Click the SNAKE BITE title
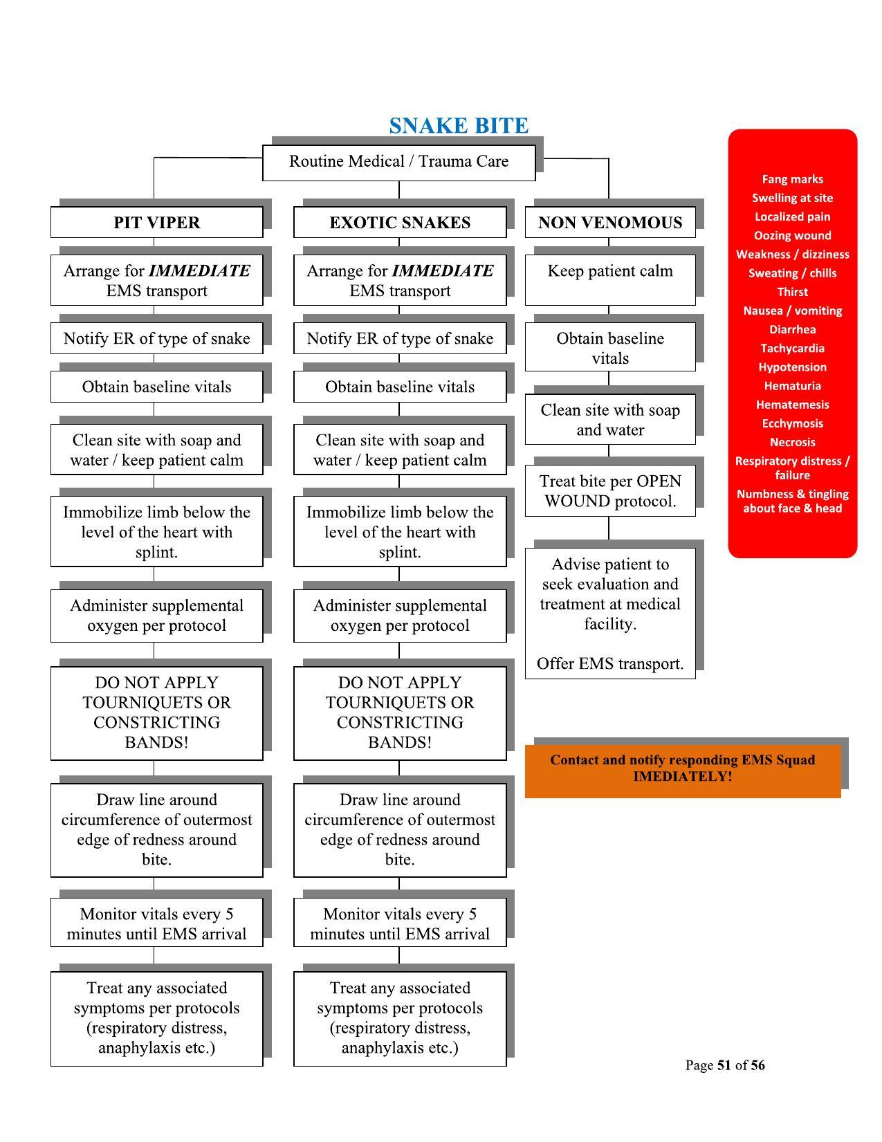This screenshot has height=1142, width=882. [x=458, y=126]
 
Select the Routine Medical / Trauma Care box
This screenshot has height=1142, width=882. [x=398, y=162]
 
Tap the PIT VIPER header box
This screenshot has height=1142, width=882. [x=156, y=223]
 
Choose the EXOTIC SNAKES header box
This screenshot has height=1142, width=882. [x=400, y=223]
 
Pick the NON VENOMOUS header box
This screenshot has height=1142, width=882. [x=610, y=223]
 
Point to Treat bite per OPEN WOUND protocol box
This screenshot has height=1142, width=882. [x=610, y=491]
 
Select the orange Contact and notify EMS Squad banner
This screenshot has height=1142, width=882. [x=683, y=768]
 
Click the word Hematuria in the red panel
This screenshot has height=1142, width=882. [x=792, y=386]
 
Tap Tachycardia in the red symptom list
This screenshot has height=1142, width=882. [x=792, y=349]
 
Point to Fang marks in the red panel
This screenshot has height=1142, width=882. [x=792, y=180]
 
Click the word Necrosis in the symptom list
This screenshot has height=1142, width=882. [x=792, y=442]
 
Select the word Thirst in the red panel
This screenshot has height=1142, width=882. [x=792, y=292]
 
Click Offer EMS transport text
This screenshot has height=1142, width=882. [x=610, y=664]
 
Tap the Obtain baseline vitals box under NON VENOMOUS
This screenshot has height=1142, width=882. [x=610, y=348]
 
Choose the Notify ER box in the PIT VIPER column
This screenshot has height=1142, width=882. [x=156, y=339]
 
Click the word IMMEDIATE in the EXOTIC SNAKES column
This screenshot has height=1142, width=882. [x=443, y=271]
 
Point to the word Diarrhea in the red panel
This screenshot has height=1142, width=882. [x=792, y=330]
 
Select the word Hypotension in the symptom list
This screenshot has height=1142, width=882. [x=792, y=367]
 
